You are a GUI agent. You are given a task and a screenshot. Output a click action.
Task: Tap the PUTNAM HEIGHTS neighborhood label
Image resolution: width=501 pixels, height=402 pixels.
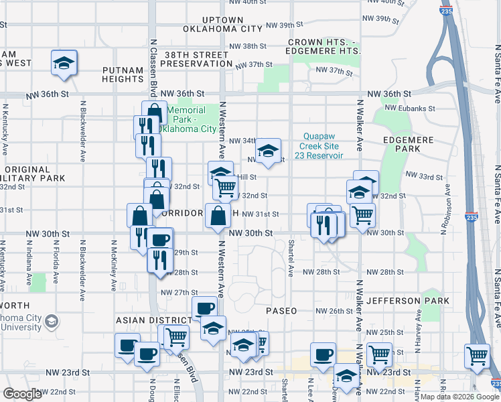click(123, 74)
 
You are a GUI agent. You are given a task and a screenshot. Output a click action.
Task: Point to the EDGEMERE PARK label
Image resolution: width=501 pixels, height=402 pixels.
click(419, 148)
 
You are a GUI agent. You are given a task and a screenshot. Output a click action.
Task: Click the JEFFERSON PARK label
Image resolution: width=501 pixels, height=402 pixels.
click(408, 301)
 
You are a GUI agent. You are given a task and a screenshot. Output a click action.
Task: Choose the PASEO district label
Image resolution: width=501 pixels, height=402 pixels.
click(281, 311)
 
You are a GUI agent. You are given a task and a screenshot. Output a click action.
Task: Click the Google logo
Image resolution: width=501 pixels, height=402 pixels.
click(23, 394)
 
